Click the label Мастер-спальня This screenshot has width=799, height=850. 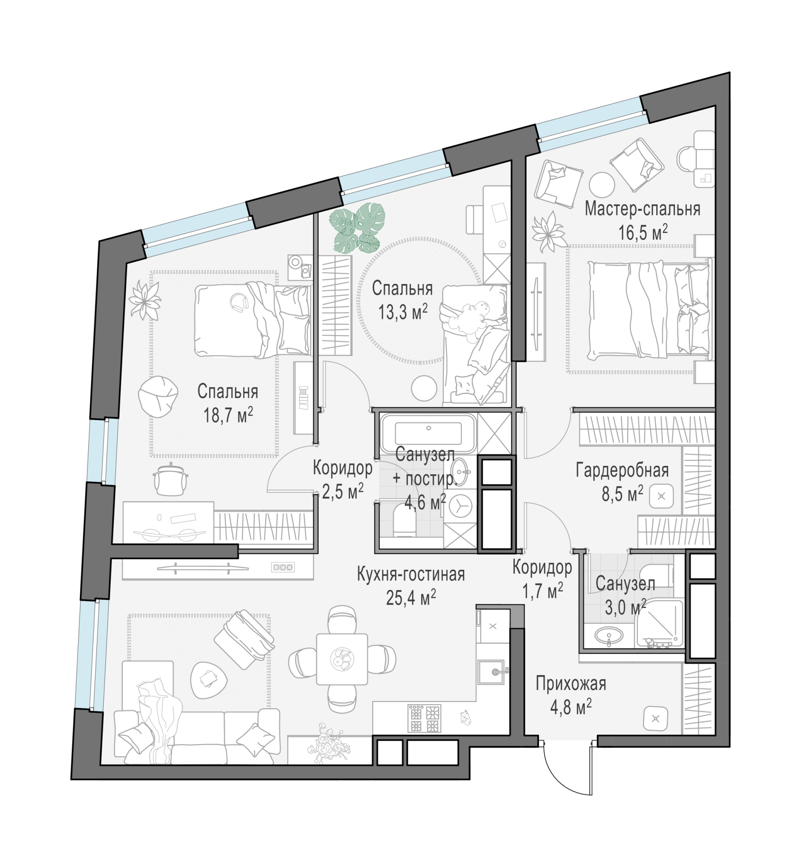click(642, 210)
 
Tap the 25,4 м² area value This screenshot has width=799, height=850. click(411, 598)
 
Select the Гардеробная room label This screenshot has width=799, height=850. click(622, 471)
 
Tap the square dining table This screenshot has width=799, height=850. click(342, 659)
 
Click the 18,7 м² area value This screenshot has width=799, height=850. click(228, 415)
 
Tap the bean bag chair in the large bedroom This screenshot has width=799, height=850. click(158, 397)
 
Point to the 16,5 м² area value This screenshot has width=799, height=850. click(643, 233)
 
